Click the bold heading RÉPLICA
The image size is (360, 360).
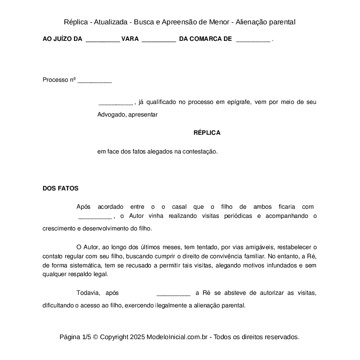pos(207,133)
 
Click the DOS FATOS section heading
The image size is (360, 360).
pos(60,189)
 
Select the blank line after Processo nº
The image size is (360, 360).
pos(94,81)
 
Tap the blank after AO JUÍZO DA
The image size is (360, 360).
pos(103,40)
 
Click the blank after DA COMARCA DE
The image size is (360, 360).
pos(253,40)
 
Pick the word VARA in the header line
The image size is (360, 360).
pos(130,39)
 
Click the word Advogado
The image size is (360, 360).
pos(111,115)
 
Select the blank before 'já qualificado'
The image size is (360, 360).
pos(116,103)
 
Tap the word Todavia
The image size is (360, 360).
pos(88,293)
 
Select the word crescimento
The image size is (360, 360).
pos(58,228)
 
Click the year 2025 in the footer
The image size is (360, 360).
pos(137,337)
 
